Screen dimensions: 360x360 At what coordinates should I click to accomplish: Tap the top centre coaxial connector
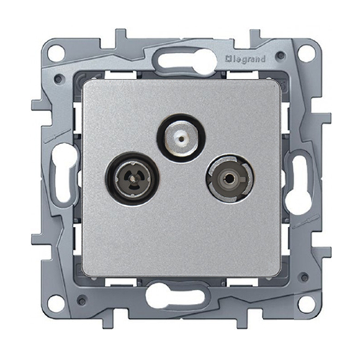181,138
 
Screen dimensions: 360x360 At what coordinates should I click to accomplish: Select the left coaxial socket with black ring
132,178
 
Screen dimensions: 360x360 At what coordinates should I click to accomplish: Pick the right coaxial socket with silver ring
230,178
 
